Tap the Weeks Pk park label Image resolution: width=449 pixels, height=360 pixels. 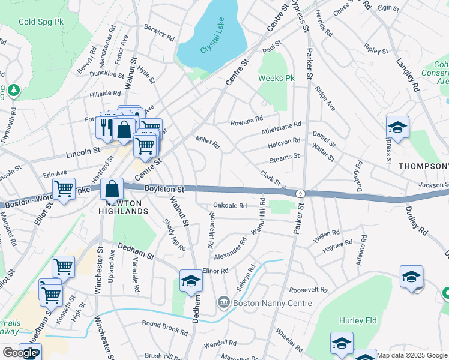coord(276,79)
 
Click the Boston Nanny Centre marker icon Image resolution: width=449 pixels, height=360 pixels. coord(223,301)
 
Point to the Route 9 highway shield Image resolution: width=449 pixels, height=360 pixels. coord(299,193)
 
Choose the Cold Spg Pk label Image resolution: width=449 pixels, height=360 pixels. coord(41,22)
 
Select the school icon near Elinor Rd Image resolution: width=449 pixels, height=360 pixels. coord(191,281)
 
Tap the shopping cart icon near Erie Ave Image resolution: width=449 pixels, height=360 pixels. coord(64,189)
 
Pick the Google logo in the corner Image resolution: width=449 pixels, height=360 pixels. coord(20,353)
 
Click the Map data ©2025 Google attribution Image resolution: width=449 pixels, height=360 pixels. coord(412,355)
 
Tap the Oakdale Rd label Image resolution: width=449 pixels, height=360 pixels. coord(231,206)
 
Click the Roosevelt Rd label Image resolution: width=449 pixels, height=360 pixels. coord(307,290)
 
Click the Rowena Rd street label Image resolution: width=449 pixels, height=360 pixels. coord(247,122)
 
